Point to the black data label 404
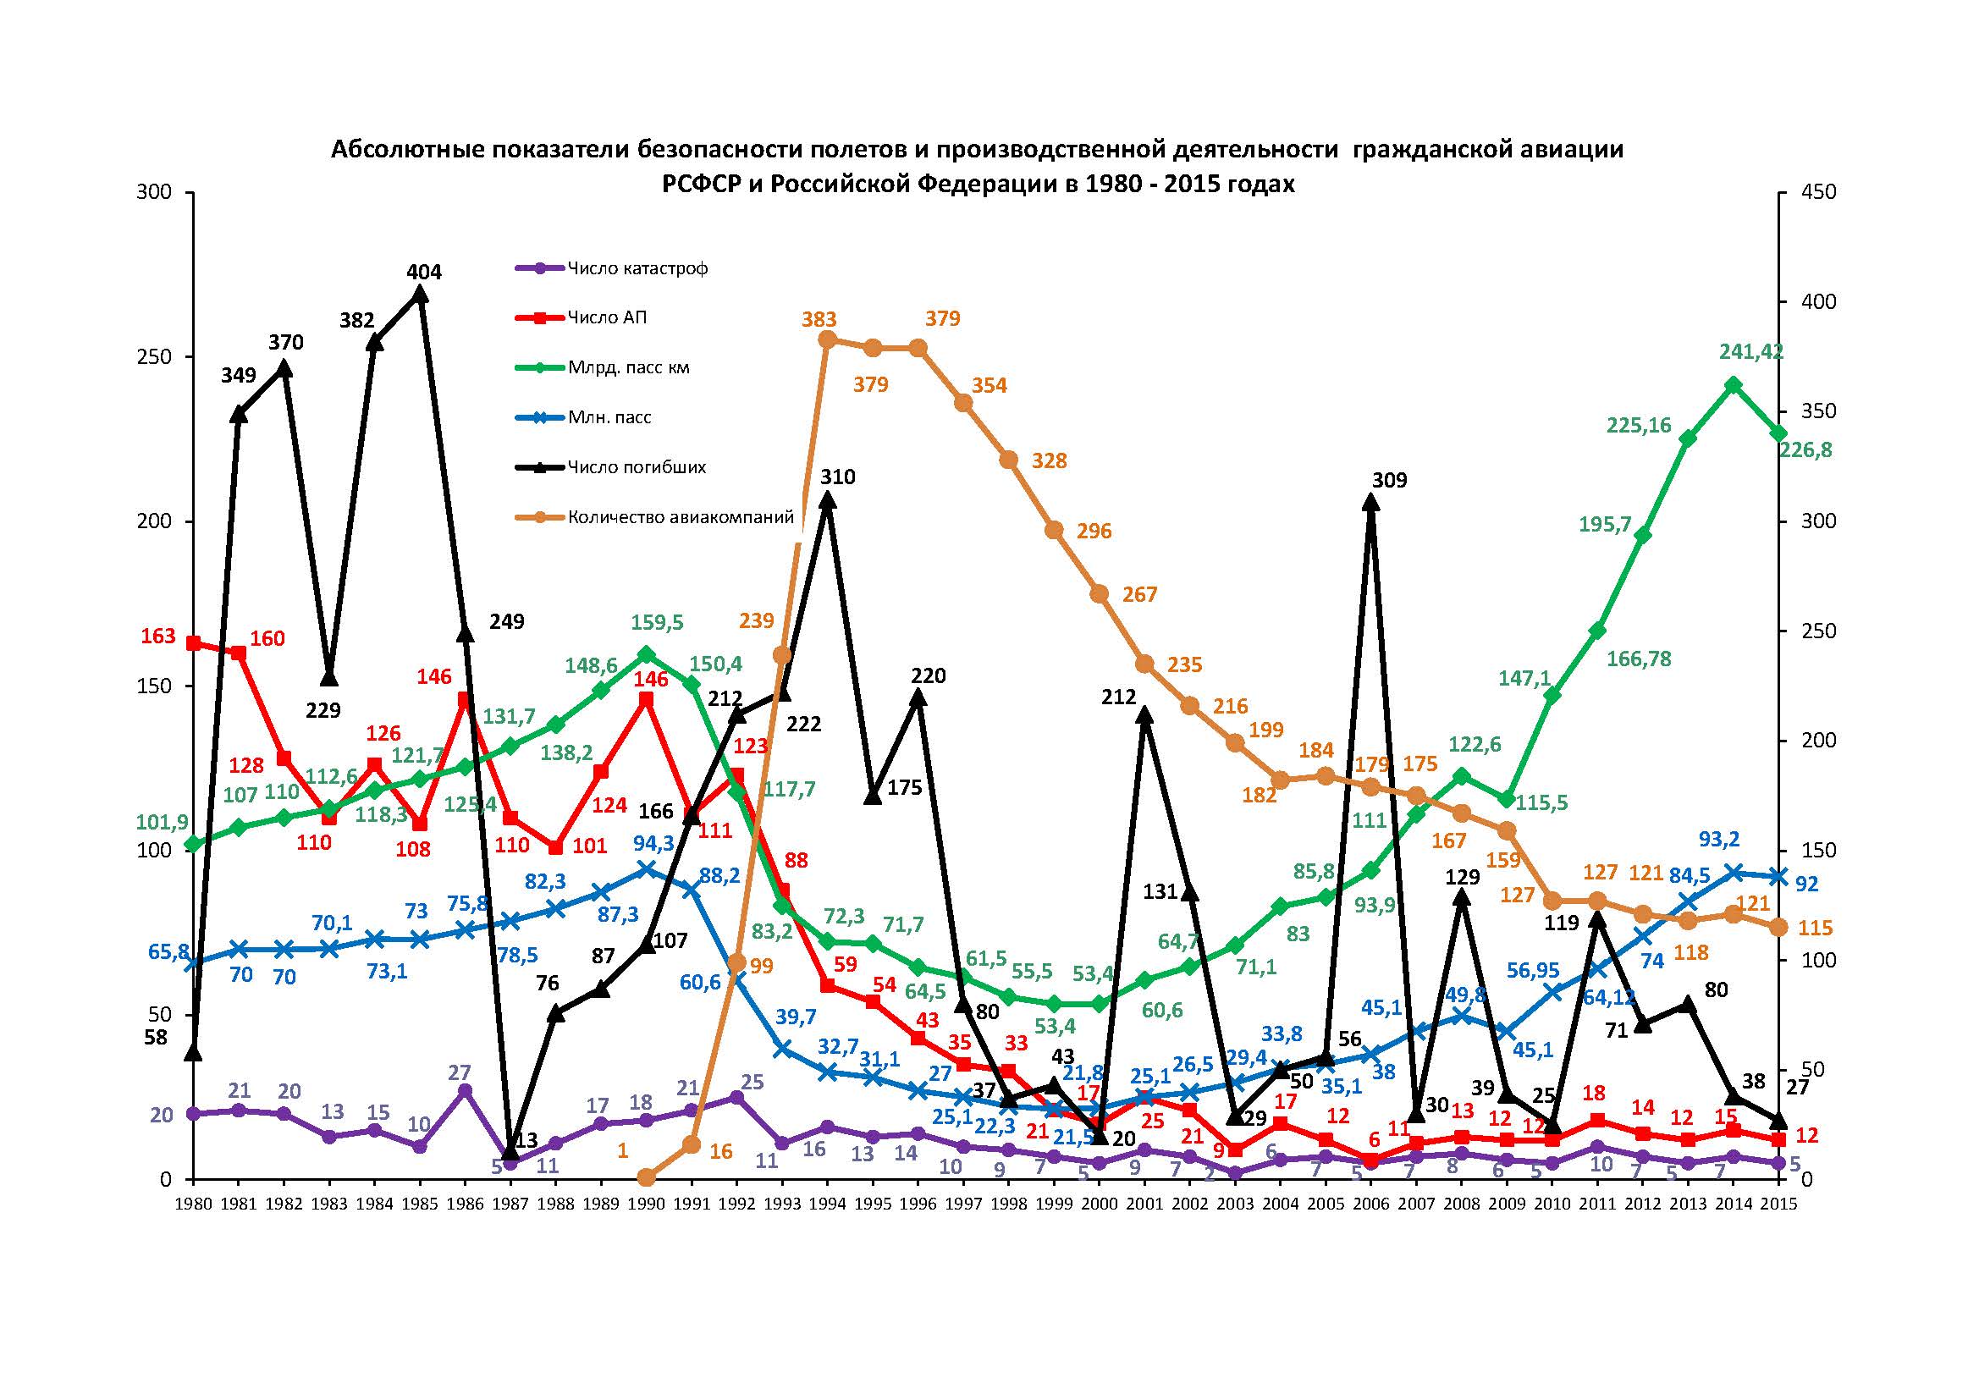pyautogui.click(x=423, y=273)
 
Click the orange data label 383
pyautogui.click(x=819, y=319)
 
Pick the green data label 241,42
pyautogui.click(x=1750, y=352)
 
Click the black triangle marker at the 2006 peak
pyautogui.click(x=1370, y=502)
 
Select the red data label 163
pyautogui.click(x=157, y=637)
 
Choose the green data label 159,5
pyautogui.click(x=657, y=622)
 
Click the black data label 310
pyautogui.click(x=837, y=477)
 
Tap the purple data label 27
pyautogui.click(x=460, y=1073)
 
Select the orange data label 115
pyautogui.click(x=1816, y=929)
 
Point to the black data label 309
pyautogui.click(x=1388, y=480)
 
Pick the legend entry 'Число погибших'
pyautogui.click(x=637, y=467)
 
